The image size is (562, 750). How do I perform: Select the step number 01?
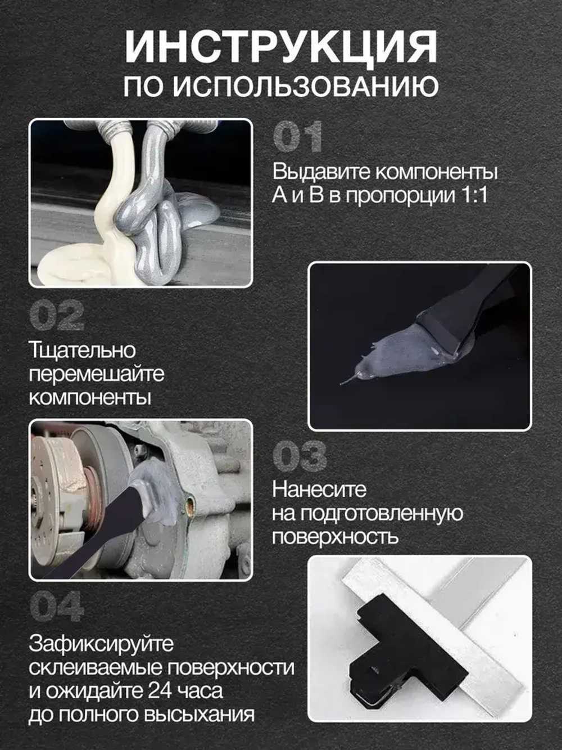pyautogui.click(x=297, y=137)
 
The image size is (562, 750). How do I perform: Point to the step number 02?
pyautogui.click(x=56, y=316)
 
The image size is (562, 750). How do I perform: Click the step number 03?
pyautogui.click(x=299, y=456)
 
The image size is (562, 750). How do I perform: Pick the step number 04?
pyautogui.click(x=56, y=607)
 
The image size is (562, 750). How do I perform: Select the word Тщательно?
pyautogui.click(x=82, y=350)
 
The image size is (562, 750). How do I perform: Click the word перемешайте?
pyautogui.click(x=96, y=374)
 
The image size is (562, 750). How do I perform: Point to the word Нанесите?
pyautogui.click(x=319, y=489)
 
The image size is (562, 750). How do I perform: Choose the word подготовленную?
pyautogui.click(x=382, y=513)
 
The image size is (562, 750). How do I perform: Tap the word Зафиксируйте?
pyautogui.click(x=101, y=644)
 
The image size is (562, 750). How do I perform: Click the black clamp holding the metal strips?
pyautogui.click(x=405, y=647)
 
